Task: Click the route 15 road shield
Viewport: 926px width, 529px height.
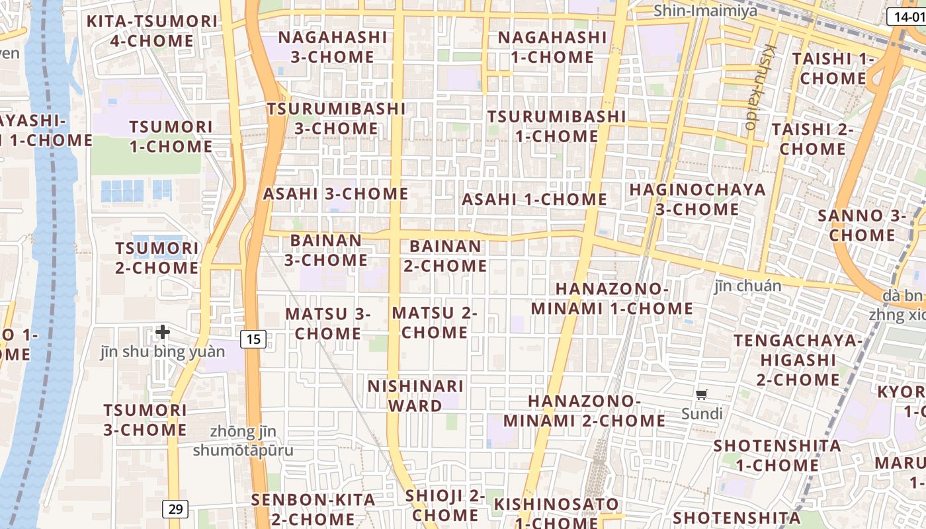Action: (253, 339)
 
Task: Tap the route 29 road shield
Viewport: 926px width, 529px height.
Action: (175, 509)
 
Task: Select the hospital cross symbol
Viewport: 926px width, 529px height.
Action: (163, 331)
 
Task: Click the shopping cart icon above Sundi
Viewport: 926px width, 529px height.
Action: (702, 395)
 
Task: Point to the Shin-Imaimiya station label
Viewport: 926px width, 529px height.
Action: (705, 11)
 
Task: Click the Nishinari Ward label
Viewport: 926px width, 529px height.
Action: (415, 395)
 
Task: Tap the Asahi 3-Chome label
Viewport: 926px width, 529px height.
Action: (335, 194)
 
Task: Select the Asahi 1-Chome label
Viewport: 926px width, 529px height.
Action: (534, 199)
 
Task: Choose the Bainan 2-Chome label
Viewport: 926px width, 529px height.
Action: (445, 256)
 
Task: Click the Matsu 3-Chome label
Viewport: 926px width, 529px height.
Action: (328, 323)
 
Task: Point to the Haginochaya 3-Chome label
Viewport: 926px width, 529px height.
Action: (697, 199)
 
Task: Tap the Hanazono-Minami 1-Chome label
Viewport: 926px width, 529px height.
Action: (612, 299)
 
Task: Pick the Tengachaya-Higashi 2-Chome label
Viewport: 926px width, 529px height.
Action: (798, 360)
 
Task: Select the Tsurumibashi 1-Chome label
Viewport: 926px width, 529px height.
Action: (556, 126)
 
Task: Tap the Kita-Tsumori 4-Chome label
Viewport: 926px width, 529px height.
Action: (152, 31)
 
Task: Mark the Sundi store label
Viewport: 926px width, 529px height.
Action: (702, 414)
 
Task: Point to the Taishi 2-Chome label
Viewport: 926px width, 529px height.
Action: (812, 139)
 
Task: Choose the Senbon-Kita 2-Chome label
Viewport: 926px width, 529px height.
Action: (313, 509)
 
